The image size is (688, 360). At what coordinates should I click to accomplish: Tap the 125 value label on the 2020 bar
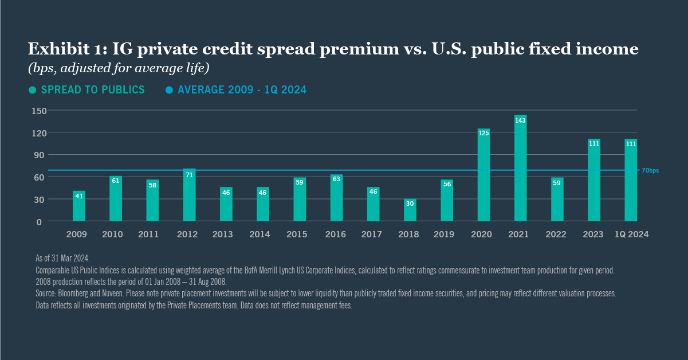coord(483,133)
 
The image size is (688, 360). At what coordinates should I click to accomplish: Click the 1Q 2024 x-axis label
coord(631,234)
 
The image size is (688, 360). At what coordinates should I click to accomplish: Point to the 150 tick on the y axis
coord(39,111)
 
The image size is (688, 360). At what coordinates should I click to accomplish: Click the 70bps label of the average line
coord(650,171)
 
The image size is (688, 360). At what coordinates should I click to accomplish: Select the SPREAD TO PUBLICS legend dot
coord(33,90)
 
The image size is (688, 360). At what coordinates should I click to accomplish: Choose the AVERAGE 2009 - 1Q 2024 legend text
coord(242,90)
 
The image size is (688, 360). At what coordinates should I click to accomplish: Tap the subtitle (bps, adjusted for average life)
coord(119,69)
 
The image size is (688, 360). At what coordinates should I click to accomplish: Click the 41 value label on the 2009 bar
coord(79,195)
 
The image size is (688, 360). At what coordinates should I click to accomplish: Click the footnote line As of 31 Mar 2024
coord(62,259)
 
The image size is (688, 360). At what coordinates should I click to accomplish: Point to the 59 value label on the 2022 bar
coord(557,183)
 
